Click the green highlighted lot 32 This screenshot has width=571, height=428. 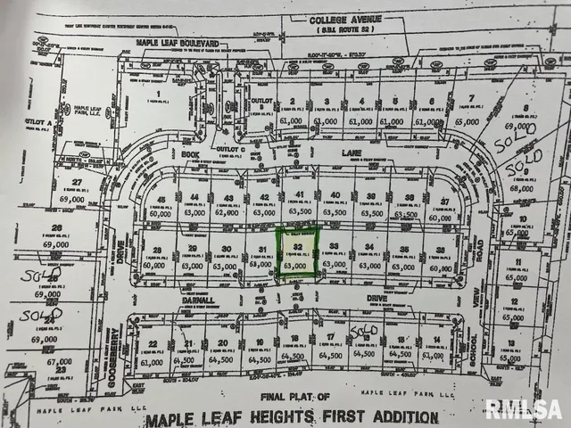click(296, 253)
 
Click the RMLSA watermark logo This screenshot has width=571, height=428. click(523, 409)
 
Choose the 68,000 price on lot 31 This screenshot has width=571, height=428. click(261, 265)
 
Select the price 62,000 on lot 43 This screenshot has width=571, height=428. click(228, 213)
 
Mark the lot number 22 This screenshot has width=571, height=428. click(153, 345)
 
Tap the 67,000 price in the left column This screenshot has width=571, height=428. click(56, 363)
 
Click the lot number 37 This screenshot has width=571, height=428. click(444, 202)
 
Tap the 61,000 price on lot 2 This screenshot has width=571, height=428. click(292, 120)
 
